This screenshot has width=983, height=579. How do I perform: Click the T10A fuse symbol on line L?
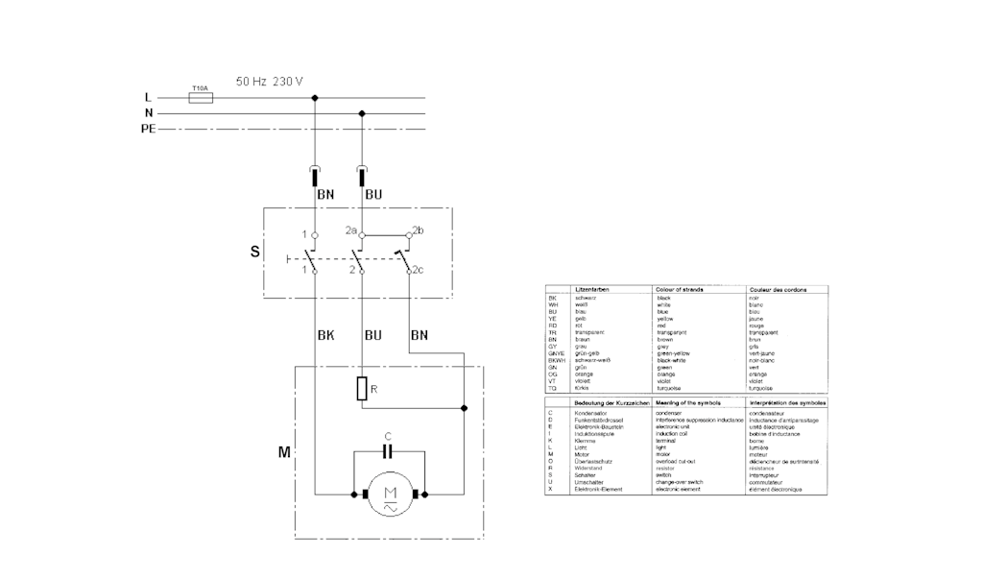point(201,97)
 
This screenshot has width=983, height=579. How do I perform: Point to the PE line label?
point(148,128)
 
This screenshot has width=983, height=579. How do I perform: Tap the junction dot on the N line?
point(362,112)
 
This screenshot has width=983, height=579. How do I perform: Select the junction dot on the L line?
point(315,97)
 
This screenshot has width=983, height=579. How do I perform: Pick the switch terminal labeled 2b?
point(409,233)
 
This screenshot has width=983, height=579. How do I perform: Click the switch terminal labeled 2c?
point(410,273)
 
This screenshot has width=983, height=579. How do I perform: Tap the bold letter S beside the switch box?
point(254,253)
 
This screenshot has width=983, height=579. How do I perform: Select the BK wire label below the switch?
point(324,335)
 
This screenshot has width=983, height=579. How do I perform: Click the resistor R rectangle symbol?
point(362,389)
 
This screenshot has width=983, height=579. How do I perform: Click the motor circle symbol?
point(390,495)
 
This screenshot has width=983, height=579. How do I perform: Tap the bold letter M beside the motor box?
point(284,450)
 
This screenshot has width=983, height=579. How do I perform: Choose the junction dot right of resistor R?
point(464,408)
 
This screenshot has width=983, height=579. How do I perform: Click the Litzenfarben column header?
point(591,289)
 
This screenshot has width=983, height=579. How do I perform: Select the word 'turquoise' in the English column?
point(672,388)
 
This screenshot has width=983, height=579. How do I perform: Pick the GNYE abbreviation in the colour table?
point(554,353)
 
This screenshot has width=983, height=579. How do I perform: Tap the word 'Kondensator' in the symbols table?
point(592,413)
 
